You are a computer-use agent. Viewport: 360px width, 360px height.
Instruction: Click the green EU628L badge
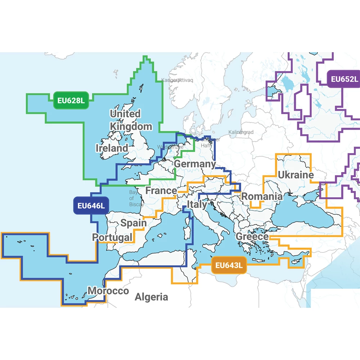pos(71,100)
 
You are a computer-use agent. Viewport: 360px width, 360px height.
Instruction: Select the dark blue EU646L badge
pos(91,206)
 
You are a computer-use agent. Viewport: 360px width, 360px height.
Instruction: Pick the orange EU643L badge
pos(229,266)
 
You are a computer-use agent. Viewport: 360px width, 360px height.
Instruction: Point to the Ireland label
pos(112,148)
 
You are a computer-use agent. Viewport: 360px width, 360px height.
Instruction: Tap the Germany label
pos(195,164)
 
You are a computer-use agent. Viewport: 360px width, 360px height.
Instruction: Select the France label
pos(161,190)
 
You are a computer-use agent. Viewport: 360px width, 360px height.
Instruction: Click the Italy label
pos(197,205)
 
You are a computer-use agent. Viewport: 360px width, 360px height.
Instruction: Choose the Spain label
pos(134,223)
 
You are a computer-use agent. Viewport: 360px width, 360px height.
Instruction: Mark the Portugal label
pos(112,238)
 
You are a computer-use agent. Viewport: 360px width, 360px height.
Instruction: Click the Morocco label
pos(108,291)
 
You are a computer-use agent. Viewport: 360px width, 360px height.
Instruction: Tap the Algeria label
pos(151,297)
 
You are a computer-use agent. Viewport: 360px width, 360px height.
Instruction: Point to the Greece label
pos(252,237)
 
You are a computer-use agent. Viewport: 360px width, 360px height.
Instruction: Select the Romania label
pos(262,197)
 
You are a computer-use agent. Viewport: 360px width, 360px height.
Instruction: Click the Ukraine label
pos(296,175)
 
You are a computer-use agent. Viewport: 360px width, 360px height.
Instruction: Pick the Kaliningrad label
pos(241,132)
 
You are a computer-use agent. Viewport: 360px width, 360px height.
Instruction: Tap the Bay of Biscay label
pos(136,198)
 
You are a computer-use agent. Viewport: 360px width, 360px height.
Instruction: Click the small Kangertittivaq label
pos(177,80)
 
